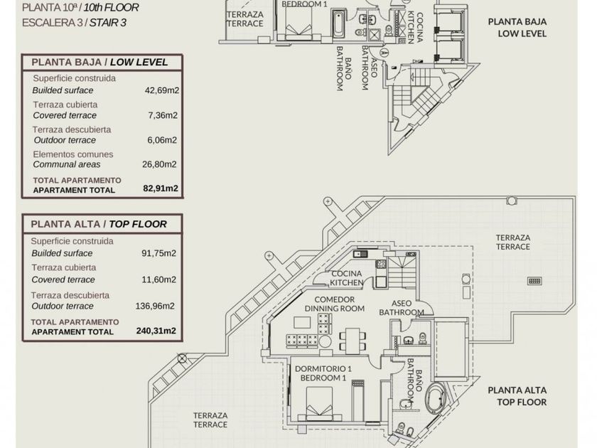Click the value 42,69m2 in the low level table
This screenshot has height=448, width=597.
(x=161, y=90)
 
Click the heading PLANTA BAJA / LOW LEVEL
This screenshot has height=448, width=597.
(x=100, y=62)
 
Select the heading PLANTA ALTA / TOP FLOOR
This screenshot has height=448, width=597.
(x=99, y=224)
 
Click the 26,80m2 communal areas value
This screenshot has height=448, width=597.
(x=161, y=164)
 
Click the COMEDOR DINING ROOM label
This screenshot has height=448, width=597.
(x=334, y=304)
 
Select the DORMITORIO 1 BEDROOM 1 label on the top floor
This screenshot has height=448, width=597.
(x=323, y=373)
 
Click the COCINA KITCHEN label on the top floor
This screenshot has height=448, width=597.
(x=346, y=278)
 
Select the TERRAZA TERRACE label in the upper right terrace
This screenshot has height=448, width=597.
(x=513, y=242)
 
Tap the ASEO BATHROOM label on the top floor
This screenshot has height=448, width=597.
(x=402, y=308)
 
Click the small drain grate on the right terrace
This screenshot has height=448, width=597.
(x=534, y=281)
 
